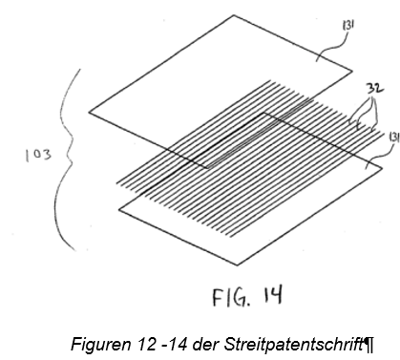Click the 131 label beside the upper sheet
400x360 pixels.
click(x=348, y=25)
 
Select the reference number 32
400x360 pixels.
click(x=375, y=88)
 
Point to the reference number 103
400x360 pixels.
click(x=38, y=156)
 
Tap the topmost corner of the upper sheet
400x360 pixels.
click(x=234, y=15)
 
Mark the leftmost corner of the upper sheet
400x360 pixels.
click(x=89, y=112)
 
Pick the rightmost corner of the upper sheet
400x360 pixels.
click(x=352, y=71)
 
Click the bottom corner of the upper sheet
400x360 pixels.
click(x=207, y=168)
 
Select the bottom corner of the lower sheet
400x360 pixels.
click(x=237, y=265)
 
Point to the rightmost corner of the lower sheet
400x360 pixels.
click(x=382, y=167)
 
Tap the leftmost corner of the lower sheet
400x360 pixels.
click(x=118, y=209)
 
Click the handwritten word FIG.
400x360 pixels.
click(x=231, y=298)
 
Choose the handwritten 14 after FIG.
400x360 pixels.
click(x=272, y=295)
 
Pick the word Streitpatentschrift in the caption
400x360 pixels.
click(x=294, y=344)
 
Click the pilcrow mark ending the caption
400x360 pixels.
click(x=369, y=345)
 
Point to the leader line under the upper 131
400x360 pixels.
click(x=332, y=47)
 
